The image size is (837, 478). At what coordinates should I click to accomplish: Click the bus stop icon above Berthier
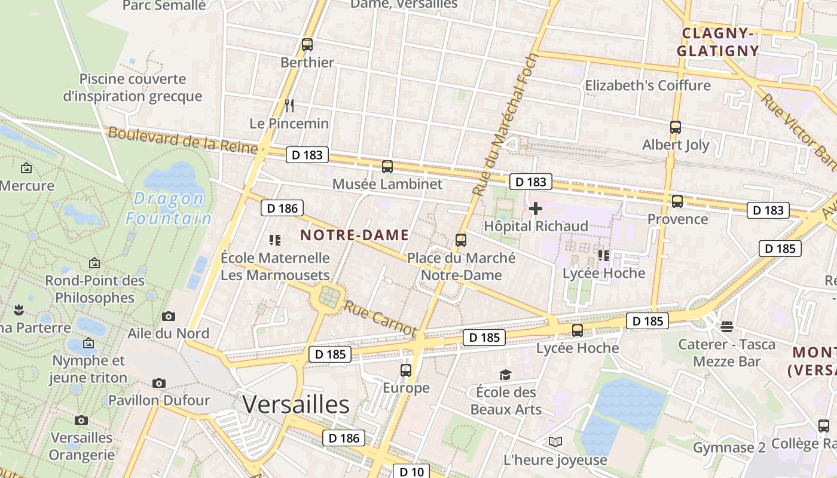pos(307,45)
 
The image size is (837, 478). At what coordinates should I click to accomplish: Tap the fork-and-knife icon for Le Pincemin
pos(289,106)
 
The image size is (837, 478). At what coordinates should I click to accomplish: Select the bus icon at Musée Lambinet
pos(387,167)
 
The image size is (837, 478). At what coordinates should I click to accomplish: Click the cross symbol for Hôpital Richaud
pos(536,209)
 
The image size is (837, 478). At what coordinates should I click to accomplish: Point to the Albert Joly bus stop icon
pos(676,127)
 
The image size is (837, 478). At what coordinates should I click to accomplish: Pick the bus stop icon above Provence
pos(677,201)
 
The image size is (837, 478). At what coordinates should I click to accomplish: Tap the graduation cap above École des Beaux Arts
pos(506,375)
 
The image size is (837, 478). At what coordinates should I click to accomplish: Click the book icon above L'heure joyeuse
pos(555,442)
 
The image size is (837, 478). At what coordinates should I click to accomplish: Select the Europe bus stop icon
pos(406,370)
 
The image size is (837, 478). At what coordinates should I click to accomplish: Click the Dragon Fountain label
pos(169,209)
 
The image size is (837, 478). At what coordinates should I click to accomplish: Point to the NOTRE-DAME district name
pos(355,235)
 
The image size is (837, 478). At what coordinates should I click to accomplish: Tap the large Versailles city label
pos(296,405)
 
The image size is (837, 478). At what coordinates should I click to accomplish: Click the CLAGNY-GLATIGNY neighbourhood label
pos(718,42)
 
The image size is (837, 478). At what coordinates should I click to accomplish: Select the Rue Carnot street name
pos(380,318)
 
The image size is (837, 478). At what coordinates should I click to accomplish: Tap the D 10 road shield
pos(411,471)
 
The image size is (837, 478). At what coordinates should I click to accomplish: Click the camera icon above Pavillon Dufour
pos(159,383)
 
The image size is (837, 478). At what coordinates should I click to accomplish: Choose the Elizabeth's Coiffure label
pos(647,85)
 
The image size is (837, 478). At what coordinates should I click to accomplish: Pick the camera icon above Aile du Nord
pos(169,316)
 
